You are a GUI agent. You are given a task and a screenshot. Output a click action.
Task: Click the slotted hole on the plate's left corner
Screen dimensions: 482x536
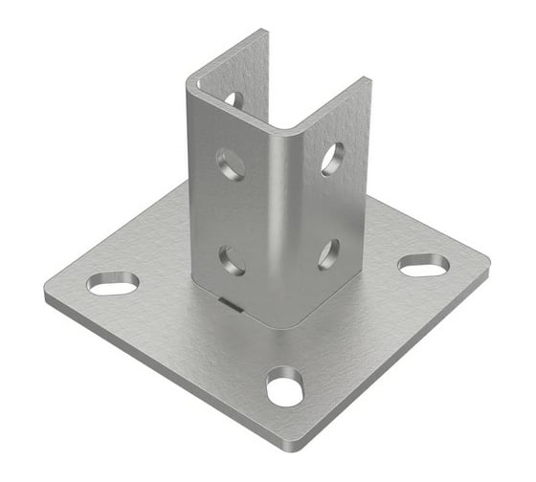[x=113, y=283]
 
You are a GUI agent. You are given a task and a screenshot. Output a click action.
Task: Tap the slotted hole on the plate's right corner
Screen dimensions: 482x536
[x=423, y=265]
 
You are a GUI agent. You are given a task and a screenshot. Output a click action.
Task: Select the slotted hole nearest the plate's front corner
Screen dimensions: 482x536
[x=285, y=386]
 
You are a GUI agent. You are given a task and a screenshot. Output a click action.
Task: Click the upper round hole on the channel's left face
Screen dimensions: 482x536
[x=231, y=164]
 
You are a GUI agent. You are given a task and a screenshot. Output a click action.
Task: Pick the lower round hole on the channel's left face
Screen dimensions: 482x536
[x=232, y=259]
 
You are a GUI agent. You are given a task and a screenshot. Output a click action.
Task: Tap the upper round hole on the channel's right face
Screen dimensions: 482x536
[x=332, y=158]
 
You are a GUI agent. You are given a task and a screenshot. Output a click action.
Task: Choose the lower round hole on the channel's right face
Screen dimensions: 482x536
[x=328, y=254]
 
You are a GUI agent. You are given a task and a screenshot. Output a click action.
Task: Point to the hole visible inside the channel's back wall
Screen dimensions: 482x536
[x=233, y=99]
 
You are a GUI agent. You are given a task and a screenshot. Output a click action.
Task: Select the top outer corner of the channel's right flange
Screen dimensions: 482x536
[x=368, y=79]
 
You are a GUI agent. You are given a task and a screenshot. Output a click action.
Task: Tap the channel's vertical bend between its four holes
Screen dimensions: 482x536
[x=279, y=210]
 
